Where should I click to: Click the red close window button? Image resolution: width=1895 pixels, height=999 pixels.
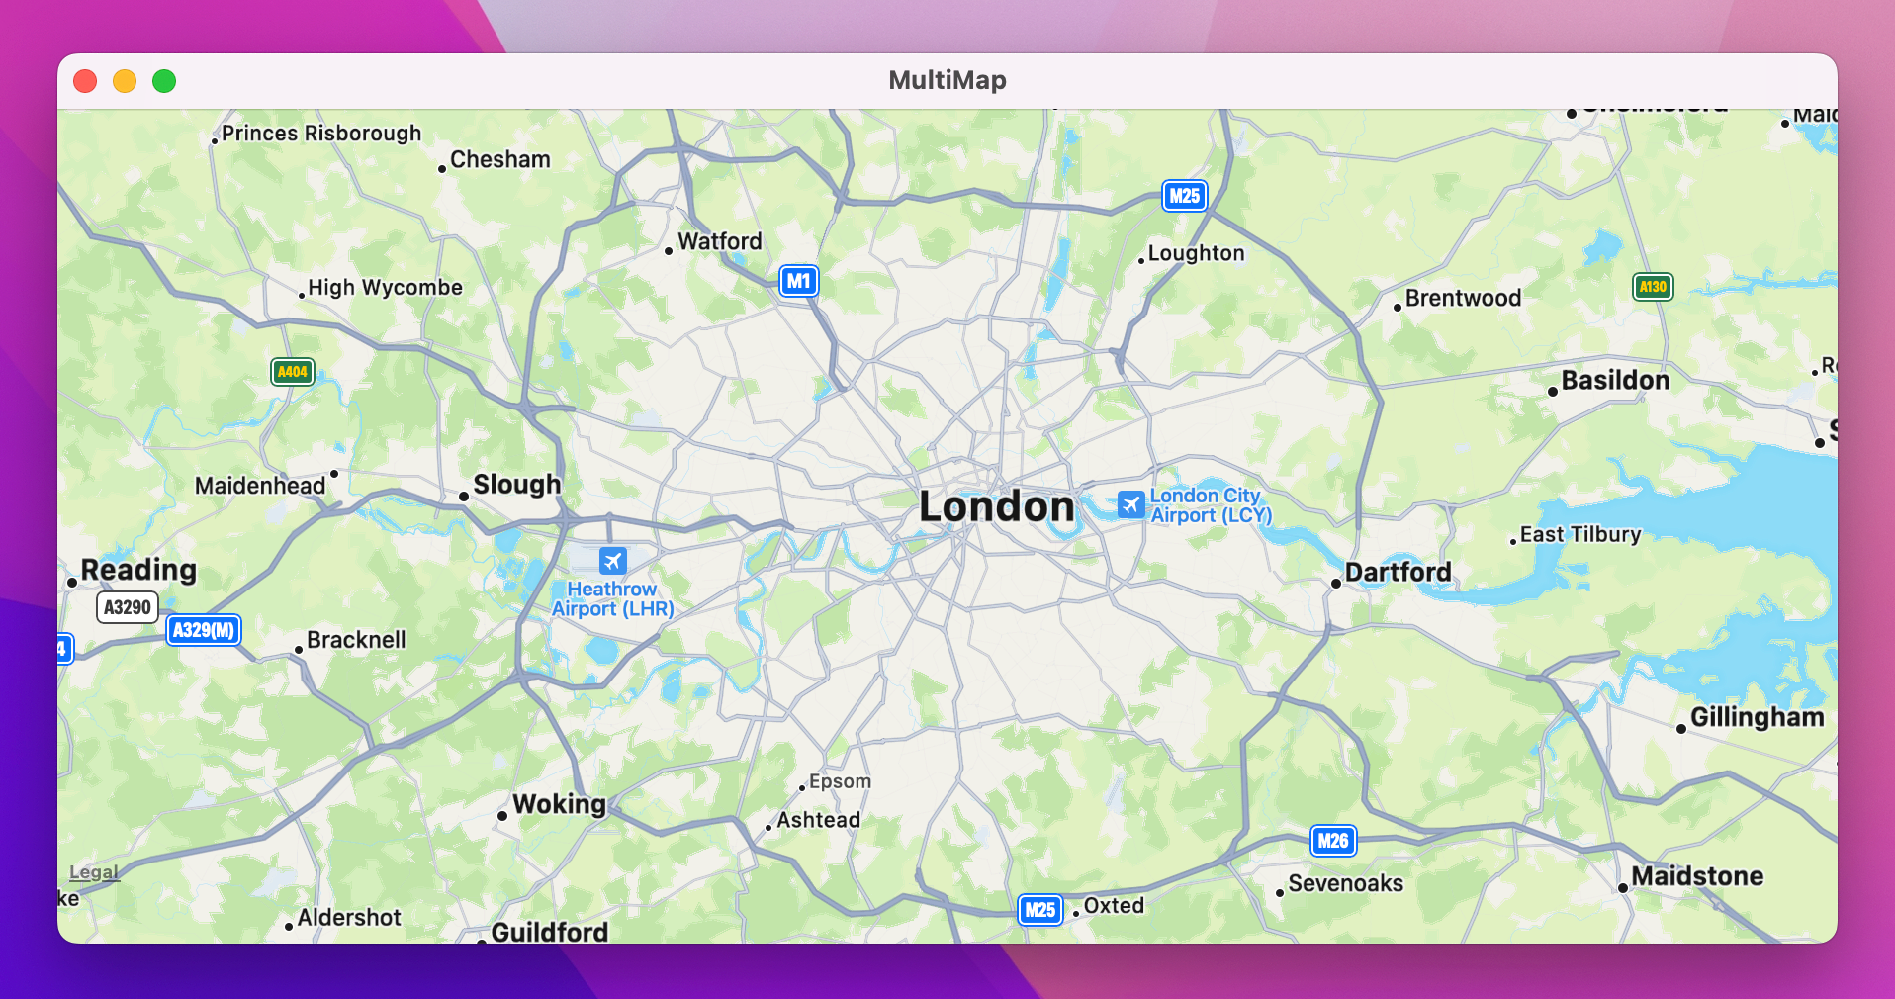point(85,81)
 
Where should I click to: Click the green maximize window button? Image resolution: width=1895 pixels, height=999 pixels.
point(164,81)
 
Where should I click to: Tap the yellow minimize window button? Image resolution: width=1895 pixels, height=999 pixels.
point(125,81)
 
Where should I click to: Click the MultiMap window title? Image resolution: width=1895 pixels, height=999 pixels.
point(947,80)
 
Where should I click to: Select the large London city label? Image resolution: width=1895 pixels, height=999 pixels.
point(996,507)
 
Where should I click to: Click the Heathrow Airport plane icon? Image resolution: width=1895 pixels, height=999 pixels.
point(613,561)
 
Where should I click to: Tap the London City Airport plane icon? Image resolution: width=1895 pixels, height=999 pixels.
point(1130,504)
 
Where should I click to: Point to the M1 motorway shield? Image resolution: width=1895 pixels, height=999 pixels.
point(798,281)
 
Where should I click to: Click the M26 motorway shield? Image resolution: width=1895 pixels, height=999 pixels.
point(1332,841)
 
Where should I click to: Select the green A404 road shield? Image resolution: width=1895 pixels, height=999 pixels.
point(292,372)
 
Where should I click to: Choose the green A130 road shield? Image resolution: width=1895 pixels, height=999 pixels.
point(1653,287)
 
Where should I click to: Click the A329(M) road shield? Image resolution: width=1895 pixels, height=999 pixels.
point(204,630)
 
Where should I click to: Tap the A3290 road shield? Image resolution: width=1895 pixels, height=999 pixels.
point(128,607)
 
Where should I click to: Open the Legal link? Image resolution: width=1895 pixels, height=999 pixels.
point(94,872)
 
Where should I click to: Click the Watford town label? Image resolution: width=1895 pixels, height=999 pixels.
point(719,241)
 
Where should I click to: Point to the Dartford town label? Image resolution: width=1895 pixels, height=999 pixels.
point(1398,573)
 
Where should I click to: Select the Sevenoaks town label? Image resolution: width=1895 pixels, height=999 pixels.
point(1345,883)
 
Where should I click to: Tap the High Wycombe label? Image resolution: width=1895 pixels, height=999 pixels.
point(385,288)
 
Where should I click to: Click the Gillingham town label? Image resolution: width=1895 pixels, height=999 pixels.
point(1757,717)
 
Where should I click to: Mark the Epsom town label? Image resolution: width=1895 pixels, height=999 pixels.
point(840,781)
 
